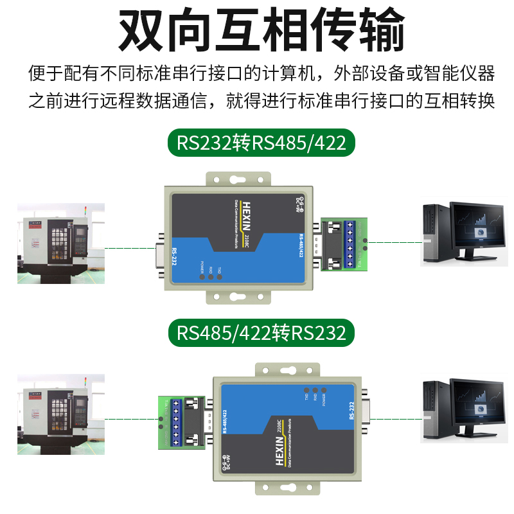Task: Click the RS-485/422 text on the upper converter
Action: click(300, 245)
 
